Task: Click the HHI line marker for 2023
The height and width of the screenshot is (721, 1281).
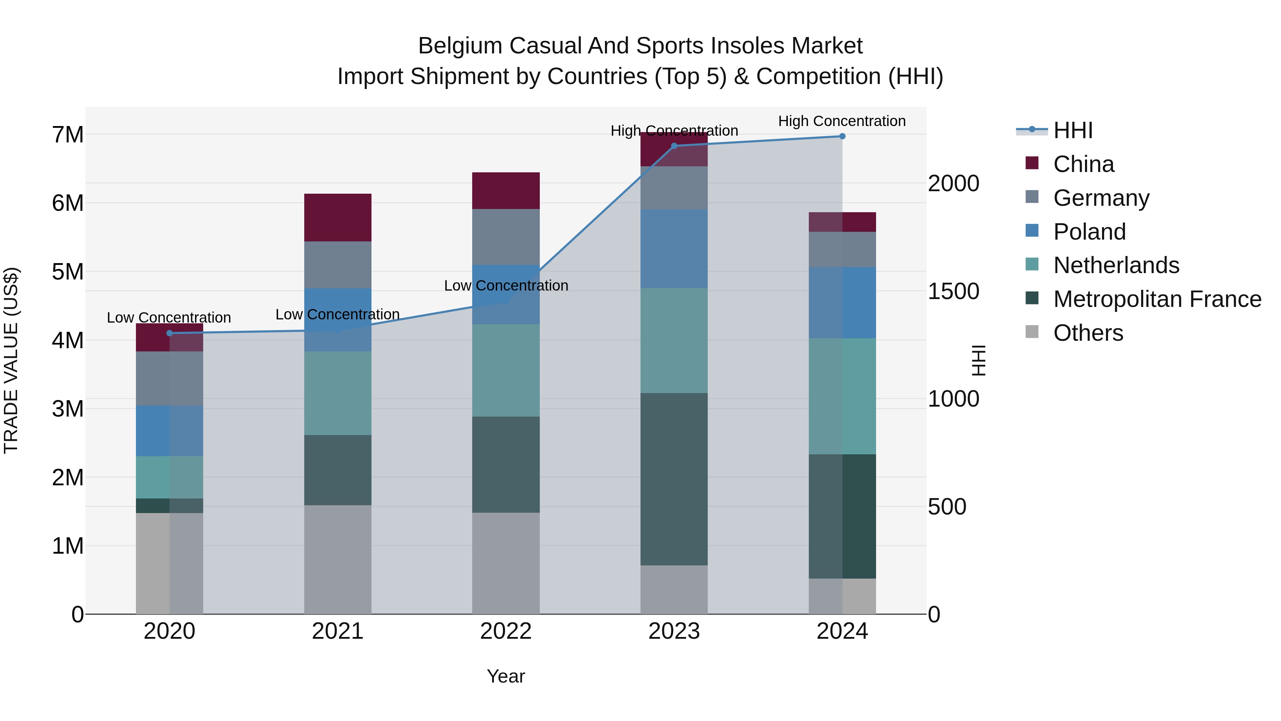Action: [674, 146]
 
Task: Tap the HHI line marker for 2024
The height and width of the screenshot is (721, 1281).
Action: [842, 136]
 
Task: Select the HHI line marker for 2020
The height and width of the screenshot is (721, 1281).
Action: [170, 333]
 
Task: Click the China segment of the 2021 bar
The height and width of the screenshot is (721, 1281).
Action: [338, 218]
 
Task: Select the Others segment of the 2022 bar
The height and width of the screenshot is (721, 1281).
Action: [506, 563]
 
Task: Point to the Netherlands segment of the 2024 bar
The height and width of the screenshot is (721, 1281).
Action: [842, 396]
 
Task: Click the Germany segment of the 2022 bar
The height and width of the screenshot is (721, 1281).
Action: [506, 236]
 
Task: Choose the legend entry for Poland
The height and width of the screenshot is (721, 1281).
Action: [1089, 232]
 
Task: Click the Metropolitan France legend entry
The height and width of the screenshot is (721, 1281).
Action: [1157, 299]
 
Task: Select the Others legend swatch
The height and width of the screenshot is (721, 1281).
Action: [1032, 332]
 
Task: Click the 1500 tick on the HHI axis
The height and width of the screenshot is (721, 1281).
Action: [953, 291]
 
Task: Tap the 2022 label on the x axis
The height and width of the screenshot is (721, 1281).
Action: [506, 631]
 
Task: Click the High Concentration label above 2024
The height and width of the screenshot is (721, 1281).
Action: [842, 121]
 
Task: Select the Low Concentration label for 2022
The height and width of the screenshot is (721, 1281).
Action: [506, 286]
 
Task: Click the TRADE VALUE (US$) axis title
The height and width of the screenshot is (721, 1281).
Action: [11, 360]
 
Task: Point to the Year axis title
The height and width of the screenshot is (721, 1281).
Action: [506, 676]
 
